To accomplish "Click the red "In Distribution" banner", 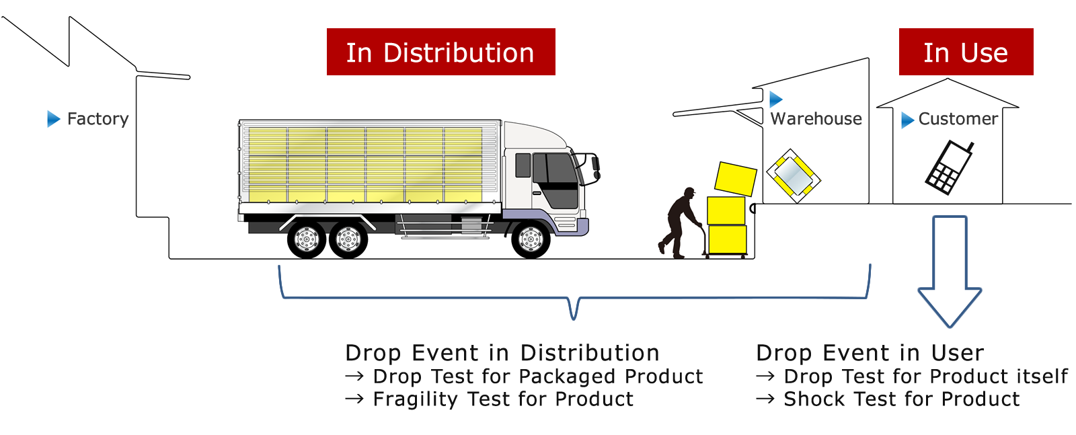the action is tap(441, 52).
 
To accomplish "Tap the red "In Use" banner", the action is tap(966, 52).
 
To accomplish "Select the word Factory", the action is tap(98, 118).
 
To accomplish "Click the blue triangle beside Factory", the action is tap(53, 118).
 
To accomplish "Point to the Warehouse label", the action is tap(816, 118).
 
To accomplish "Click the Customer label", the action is tap(958, 118).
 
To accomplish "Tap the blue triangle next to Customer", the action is tap(907, 120).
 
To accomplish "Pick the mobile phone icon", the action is tap(950, 167).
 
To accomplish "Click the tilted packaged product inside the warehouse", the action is tap(794, 175).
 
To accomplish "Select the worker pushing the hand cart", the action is tap(679, 223).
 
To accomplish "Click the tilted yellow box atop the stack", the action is tap(736, 179).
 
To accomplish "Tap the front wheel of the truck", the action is tap(531, 239).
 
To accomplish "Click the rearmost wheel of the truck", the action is tap(307, 239).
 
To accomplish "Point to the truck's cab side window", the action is tap(523, 165).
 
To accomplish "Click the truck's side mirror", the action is tap(596, 164).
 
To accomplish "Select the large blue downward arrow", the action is tap(950, 272).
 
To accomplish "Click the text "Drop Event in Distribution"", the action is tap(502, 353).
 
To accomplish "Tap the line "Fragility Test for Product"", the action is tap(489, 399).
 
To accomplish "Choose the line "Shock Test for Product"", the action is tap(888, 399).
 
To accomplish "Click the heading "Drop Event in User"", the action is tap(870, 353).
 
